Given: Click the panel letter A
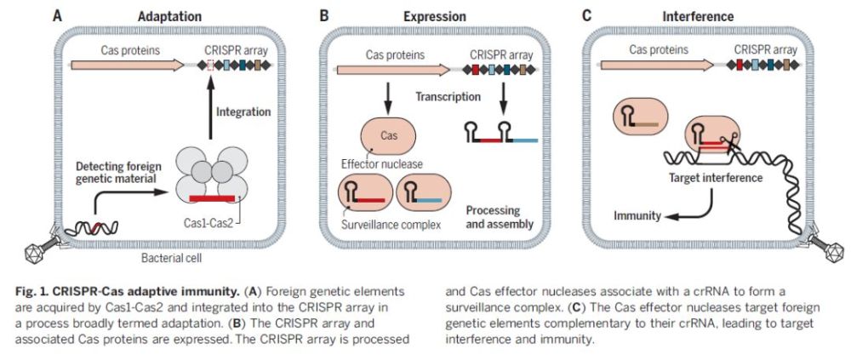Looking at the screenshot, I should [57, 15].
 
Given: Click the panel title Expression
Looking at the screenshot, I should [435, 15].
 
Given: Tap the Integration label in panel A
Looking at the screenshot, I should [244, 111].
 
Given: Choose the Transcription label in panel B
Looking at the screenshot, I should [448, 96].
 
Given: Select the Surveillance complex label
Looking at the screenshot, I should [382, 226].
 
